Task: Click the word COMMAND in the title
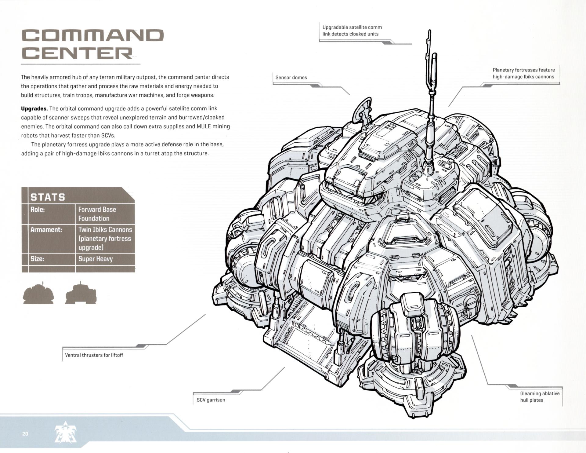click(x=92, y=35)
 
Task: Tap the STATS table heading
click(x=48, y=197)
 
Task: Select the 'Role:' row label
click(x=38, y=210)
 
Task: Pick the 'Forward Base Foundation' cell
click(x=97, y=214)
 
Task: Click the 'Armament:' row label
click(x=46, y=230)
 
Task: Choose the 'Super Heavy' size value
click(x=96, y=259)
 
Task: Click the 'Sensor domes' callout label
click(x=291, y=78)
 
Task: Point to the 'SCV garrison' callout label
click(x=211, y=400)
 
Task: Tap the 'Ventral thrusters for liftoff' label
click(x=94, y=355)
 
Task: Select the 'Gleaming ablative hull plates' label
click(x=540, y=397)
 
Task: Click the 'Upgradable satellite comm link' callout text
click(x=352, y=31)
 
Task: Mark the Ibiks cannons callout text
click(x=523, y=73)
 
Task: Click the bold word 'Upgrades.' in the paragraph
click(x=34, y=108)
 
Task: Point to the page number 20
click(x=25, y=434)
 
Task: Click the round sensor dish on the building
click(x=362, y=109)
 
